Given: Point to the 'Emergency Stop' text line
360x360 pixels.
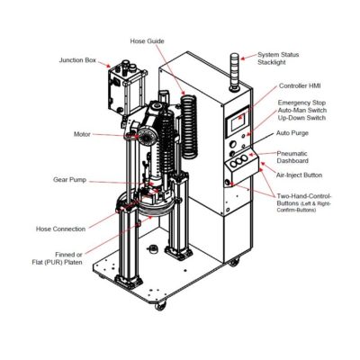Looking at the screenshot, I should pyautogui.click(x=302, y=103).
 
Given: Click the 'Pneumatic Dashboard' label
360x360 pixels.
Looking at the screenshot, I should pyautogui.click(x=295, y=157).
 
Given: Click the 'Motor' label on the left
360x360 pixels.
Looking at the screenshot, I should pyautogui.click(x=82, y=134).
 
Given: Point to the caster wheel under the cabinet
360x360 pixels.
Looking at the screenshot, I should pyautogui.click(x=235, y=262).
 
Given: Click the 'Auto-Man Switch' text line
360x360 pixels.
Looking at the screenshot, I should pyautogui.click(x=304, y=111).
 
